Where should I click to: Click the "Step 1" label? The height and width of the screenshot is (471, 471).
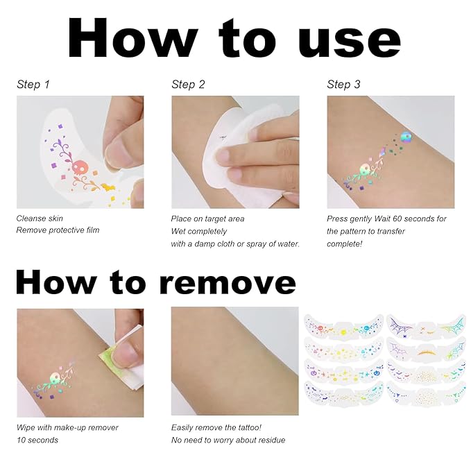click(x=33, y=85)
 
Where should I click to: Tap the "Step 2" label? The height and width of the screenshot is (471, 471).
click(x=188, y=85)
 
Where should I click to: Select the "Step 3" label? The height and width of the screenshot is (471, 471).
click(x=343, y=85)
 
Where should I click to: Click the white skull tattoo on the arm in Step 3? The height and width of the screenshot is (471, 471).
click(x=366, y=169)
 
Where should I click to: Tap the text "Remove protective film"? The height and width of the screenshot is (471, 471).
click(x=58, y=230)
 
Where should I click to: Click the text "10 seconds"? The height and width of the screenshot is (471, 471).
click(x=37, y=440)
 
